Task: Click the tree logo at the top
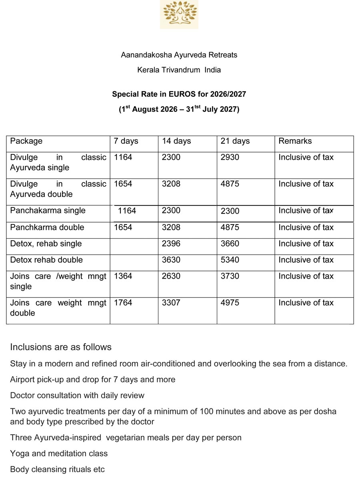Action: coord(179,14)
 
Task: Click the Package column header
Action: coord(26,141)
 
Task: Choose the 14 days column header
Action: coord(176,141)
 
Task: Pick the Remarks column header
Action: coord(295,141)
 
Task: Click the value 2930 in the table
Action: coord(230,157)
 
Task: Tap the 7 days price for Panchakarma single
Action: coord(127,211)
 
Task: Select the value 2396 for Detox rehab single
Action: coord(171,243)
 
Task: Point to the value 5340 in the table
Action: coord(230,260)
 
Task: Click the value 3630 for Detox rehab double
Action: coord(171,260)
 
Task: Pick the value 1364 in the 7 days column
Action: coord(123,276)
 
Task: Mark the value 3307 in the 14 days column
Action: coord(171,303)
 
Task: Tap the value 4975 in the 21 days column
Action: coord(230,303)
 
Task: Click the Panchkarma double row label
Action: coord(47,227)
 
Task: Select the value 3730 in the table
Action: coord(230,276)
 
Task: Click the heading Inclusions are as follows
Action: coord(61,347)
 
